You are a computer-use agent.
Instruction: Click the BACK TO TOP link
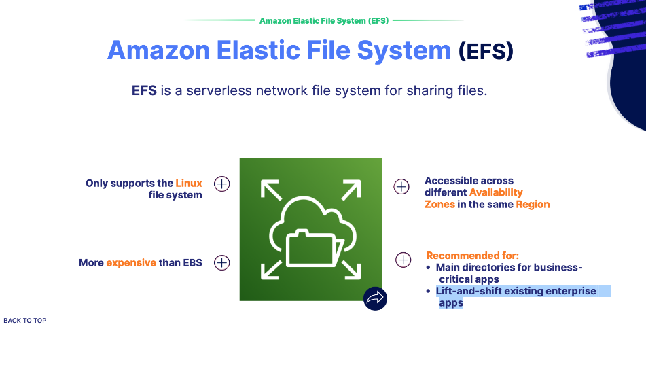click(25, 321)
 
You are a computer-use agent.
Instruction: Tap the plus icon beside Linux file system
click(222, 184)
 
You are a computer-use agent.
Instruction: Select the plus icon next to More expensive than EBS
click(222, 262)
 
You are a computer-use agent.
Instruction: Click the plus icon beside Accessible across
click(402, 186)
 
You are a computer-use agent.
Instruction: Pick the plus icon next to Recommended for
click(403, 260)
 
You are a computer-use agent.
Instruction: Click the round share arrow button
click(375, 298)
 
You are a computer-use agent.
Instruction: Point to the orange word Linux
click(189, 184)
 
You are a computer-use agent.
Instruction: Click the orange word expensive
click(131, 262)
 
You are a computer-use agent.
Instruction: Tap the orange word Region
click(533, 204)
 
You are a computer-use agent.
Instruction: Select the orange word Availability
click(496, 192)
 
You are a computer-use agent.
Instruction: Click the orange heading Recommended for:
click(472, 256)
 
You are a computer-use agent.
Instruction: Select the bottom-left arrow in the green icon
click(270, 270)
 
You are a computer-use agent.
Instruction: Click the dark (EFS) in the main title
click(486, 51)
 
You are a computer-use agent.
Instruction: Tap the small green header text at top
click(323, 20)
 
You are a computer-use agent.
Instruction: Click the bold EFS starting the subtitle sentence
click(145, 90)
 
